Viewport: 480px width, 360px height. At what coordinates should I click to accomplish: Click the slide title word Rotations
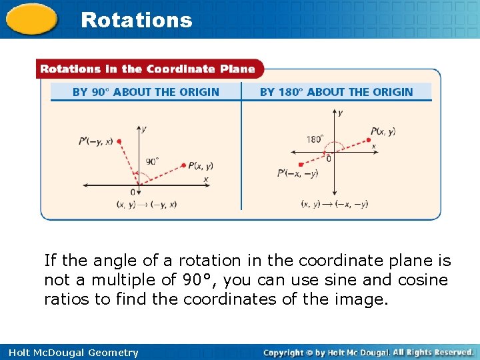136,20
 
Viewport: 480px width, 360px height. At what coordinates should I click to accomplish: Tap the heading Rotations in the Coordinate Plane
147,69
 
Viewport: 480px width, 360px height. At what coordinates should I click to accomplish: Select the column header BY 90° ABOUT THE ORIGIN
145,92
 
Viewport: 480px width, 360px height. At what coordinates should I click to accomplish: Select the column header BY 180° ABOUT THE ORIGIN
336,92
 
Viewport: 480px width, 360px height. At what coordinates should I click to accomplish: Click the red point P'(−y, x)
119,141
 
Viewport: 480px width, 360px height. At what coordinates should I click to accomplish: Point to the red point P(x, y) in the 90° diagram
183,165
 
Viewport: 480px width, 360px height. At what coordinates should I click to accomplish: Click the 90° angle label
153,161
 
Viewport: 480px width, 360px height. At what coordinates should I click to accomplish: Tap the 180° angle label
314,140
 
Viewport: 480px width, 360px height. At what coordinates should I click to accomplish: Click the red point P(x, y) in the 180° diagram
368,140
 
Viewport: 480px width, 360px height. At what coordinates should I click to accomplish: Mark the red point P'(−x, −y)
301,164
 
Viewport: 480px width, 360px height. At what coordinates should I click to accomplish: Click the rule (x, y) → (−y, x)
146,204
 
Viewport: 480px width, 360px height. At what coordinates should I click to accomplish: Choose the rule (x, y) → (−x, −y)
334,204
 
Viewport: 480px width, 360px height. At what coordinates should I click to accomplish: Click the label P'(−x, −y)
297,174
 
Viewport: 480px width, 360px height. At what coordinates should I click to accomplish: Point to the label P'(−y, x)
95,141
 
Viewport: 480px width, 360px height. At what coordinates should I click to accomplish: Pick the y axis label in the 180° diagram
340,114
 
